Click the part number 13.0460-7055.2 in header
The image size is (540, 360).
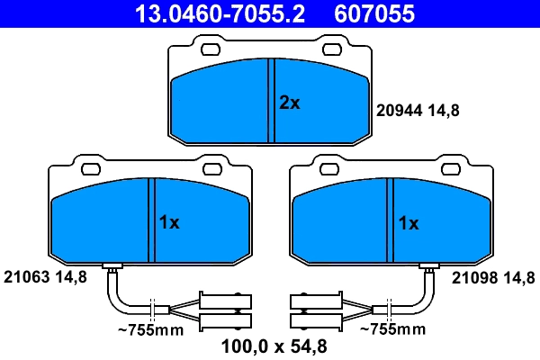220,13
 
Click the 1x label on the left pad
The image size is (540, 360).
169,223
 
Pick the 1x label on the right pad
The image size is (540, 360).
409,223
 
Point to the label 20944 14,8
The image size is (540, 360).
417,112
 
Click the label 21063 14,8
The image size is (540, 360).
45,277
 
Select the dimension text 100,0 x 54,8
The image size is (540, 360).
270,345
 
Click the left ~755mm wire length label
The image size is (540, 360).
150,330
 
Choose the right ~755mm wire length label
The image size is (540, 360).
391,330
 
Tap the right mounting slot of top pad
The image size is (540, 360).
332,49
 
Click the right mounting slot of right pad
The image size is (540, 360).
451,168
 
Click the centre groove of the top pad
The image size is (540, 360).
272,100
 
